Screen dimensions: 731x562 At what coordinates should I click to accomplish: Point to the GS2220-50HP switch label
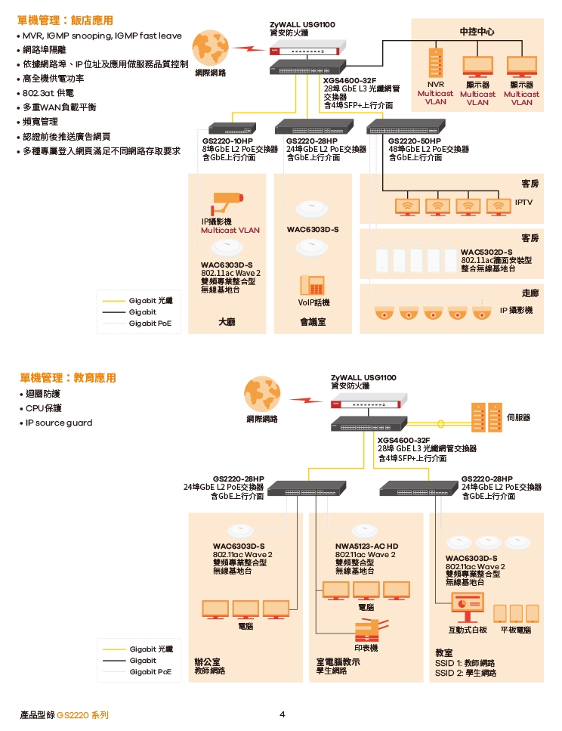tap(415, 141)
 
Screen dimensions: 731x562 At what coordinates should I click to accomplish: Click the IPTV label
tap(523, 203)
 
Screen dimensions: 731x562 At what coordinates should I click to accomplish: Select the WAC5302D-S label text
tap(486, 252)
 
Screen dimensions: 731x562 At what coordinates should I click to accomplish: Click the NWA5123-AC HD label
tap(366, 546)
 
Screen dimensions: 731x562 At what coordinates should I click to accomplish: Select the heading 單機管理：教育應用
tap(68, 377)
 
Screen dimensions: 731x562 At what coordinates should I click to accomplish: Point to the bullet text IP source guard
tap(59, 423)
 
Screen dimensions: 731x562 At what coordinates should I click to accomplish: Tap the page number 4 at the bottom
tap(282, 714)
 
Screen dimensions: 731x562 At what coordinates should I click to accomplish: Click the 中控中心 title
tap(477, 32)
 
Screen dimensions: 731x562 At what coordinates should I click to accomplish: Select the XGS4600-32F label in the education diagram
tap(403, 440)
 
